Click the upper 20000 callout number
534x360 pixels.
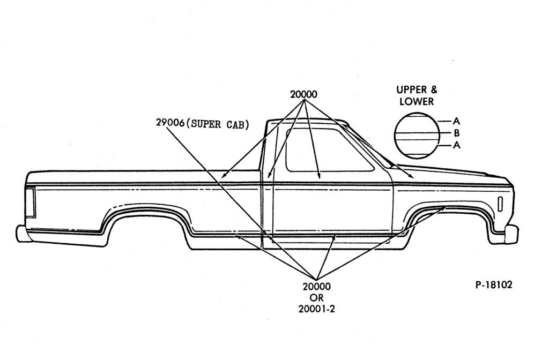click(x=303, y=94)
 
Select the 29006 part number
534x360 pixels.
click(x=170, y=123)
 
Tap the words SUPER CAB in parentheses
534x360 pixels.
click(x=219, y=124)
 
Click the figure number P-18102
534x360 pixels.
click(x=493, y=285)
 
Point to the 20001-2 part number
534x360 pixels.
click(x=317, y=309)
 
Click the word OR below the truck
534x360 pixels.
click(x=317, y=298)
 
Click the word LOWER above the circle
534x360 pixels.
click(x=417, y=101)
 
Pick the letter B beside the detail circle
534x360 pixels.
click(x=456, y=133)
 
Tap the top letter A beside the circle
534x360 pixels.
click(x=456, y=121)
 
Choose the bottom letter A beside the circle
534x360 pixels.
click(x=456, y=145)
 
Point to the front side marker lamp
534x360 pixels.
click(x=500, y=204)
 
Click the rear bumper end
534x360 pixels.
click(x=20, y=234)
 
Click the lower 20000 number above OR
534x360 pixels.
click(x=317, y=287)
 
